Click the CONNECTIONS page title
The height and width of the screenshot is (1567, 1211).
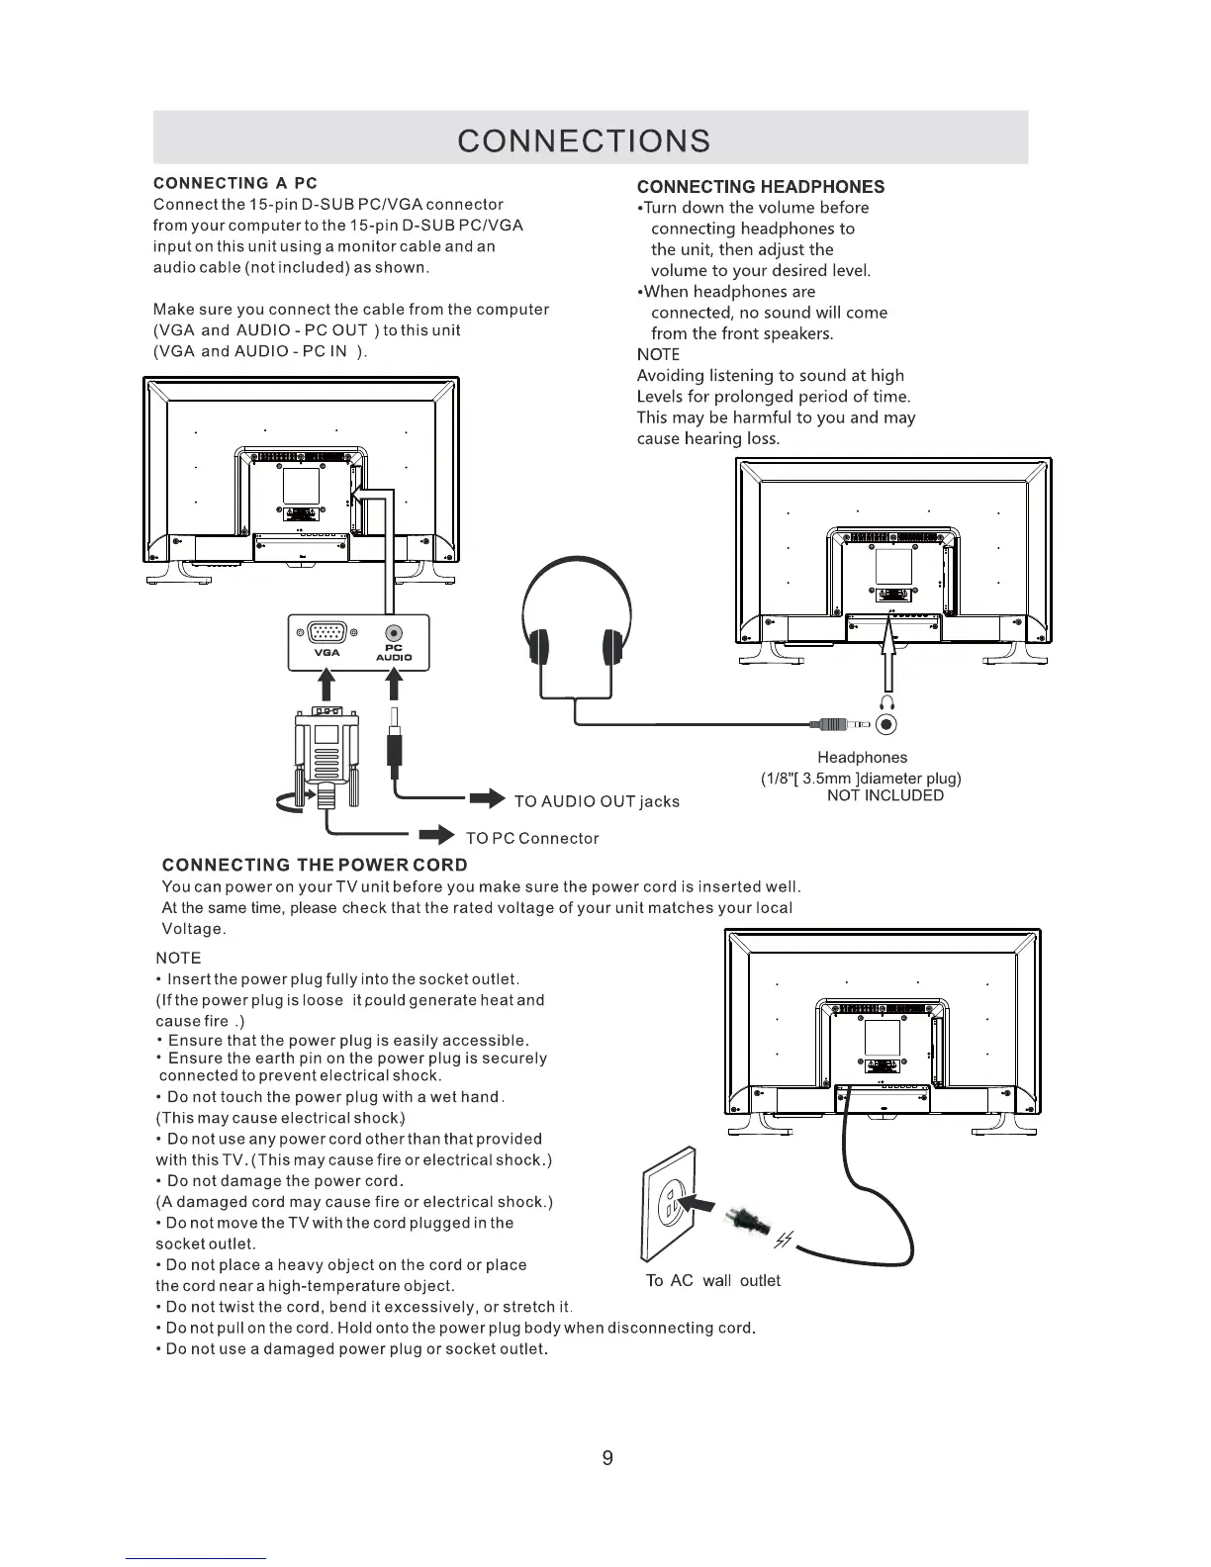pos(584,140)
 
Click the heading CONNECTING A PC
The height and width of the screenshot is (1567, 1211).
pos(235,183)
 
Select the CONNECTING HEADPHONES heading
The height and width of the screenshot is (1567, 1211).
pos(760,187)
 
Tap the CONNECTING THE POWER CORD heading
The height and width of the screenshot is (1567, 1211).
pos(315,865)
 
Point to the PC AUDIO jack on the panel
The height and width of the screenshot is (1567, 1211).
pos(395,634)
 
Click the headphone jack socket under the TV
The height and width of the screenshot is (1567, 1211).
pos(886,725)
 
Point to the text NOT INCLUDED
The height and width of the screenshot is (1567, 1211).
pos(885,795)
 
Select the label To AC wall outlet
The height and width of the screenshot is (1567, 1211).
pos(712,1281)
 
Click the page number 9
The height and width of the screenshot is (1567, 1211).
pos(607,1458)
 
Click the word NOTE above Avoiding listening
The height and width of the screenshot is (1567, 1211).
pos(658,354)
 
